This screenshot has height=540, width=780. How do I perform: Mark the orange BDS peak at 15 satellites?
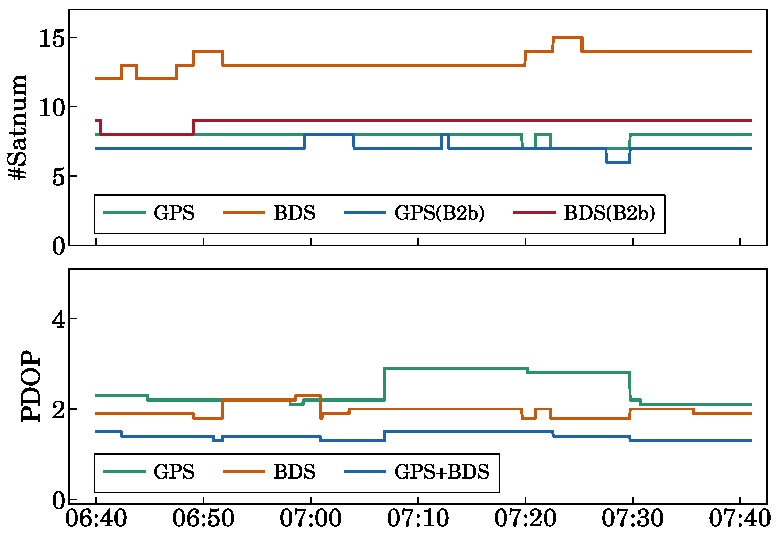(567, 37)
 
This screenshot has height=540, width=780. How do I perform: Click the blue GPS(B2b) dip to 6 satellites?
(618, 162)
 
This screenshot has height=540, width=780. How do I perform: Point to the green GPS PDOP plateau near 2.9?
(455, 368)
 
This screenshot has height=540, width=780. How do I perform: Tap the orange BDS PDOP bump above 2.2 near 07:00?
(308, 395)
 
